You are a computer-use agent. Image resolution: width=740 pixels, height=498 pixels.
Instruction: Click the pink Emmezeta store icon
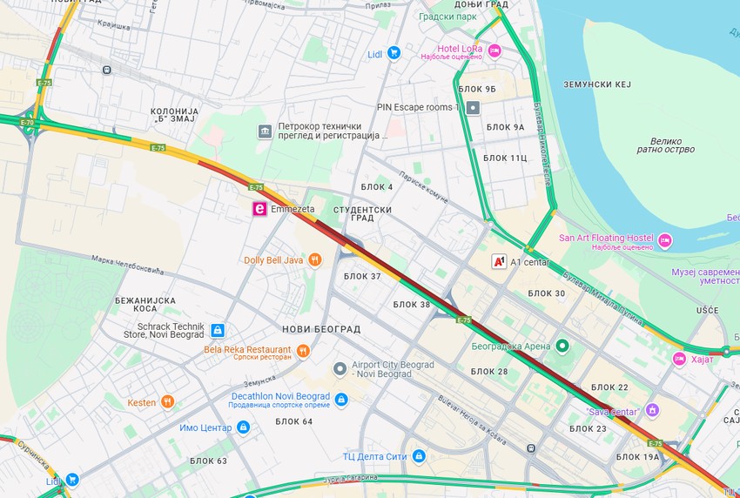259,209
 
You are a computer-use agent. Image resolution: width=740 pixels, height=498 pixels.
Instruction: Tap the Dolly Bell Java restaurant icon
315,259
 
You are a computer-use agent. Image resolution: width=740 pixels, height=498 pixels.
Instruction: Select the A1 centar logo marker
500,261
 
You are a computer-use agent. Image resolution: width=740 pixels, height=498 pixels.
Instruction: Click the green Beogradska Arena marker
562,347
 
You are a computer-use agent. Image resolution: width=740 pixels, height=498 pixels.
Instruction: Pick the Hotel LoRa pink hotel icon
494,50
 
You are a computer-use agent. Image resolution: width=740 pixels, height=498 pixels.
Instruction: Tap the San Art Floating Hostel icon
665,240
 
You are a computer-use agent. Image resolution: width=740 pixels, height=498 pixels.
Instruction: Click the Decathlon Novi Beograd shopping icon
341,400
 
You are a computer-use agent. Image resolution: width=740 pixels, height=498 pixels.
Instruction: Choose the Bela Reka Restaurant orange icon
303,350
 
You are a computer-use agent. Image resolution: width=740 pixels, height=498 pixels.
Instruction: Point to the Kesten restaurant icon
167,402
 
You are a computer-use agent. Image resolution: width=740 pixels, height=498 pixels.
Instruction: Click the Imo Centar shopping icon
243,427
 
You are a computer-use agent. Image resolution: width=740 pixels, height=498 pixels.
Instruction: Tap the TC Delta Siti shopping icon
419,456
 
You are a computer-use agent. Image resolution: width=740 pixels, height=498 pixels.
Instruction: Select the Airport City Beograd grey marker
340,369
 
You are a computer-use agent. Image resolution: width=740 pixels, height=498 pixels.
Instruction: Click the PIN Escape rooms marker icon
473,108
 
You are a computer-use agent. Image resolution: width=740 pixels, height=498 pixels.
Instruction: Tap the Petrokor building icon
265,131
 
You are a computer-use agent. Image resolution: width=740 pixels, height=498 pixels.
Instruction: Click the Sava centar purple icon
652,411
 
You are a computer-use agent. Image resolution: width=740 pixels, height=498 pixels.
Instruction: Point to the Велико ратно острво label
672,145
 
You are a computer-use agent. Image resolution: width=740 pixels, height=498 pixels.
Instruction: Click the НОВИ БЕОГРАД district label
321,328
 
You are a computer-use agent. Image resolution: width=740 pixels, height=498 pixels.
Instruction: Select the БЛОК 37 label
362,276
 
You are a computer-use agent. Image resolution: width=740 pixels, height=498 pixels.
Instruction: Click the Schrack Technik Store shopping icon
218,330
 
